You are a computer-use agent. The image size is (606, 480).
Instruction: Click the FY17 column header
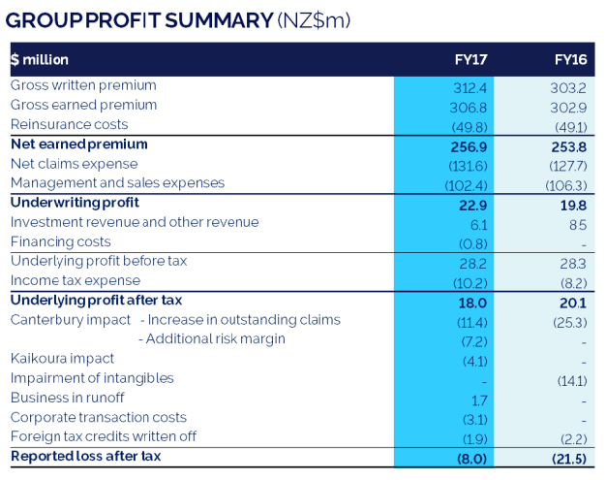470,60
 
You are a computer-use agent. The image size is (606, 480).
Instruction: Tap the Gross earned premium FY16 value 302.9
570,105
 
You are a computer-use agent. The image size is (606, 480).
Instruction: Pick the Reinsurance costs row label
69,124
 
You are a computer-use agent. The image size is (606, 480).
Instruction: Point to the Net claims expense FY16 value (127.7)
568,164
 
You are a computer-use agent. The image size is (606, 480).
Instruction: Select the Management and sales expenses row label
117,183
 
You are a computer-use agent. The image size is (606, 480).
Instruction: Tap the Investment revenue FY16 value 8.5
579,222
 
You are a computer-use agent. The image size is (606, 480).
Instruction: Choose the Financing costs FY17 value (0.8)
471,241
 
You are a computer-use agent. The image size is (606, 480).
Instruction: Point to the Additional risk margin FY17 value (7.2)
472,339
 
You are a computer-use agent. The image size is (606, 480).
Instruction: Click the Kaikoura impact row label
62,359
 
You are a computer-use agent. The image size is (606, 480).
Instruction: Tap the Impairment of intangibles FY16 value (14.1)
570,378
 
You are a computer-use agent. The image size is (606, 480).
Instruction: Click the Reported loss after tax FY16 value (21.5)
568,457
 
